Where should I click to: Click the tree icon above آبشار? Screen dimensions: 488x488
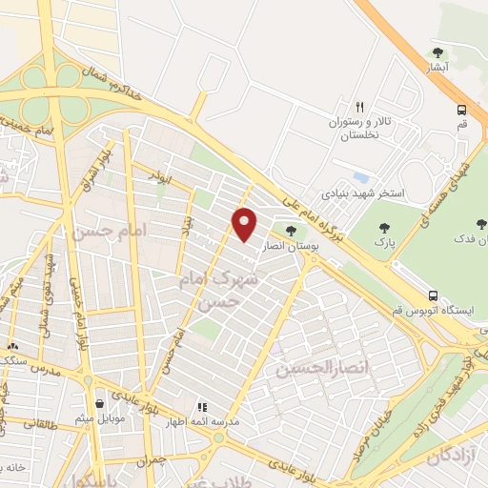coord(438,52)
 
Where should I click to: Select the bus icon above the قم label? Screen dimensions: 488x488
coord(461,109)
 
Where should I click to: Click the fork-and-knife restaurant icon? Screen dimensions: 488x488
coord(359,107)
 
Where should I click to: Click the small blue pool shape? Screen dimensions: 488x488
coord(359,177)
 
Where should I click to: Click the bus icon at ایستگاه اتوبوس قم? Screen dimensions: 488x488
coord(434,295)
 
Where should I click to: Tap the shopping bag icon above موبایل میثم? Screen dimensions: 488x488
coord(100,401)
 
